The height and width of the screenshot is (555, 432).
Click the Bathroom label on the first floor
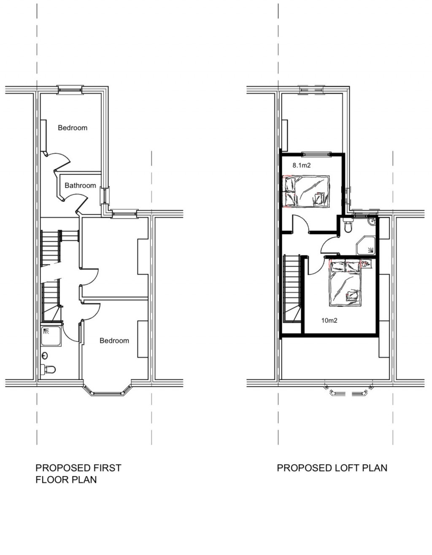(80, 185)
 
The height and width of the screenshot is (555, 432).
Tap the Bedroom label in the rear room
(73, 128)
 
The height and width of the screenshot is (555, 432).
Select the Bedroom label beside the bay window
(114, 341)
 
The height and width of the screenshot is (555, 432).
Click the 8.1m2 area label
(302, 166)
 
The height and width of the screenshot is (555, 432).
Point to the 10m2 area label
(329, 321)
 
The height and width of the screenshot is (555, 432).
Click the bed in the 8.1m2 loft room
(306, 192)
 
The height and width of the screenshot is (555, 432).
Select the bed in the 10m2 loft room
(345, 282)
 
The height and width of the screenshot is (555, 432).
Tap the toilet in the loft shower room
(348, 227)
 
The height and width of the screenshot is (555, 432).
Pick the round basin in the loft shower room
(372, 222)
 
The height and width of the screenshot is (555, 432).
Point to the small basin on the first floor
(45, 356)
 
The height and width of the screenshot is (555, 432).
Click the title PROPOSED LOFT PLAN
(332, 468)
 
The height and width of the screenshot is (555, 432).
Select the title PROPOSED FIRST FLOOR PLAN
(78, 474)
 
